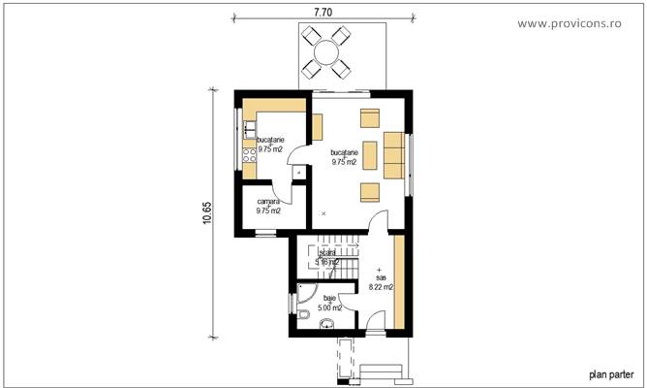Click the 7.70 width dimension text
click(323, 12)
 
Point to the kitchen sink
click(249, 127)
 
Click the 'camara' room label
click(268, 201)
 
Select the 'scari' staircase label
click(326, 252)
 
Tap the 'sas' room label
click(380, 276)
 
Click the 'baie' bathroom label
click(329, 299)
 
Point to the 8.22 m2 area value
click(381, 286)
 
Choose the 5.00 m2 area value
click(329, 308)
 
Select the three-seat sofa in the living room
click(392, 155)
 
